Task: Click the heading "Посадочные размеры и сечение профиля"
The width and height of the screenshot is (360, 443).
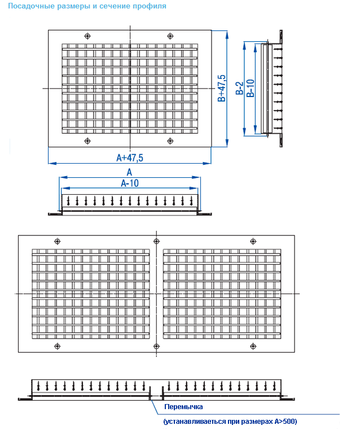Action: pos(87,7)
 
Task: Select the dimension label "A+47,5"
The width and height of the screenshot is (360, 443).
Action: pos(129,158)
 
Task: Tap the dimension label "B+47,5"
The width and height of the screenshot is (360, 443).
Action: pos(222,88)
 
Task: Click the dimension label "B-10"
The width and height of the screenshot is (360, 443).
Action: pos(251,88)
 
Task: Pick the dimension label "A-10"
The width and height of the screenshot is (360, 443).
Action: pos(129,183)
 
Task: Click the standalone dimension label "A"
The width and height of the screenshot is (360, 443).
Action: pos(129,172)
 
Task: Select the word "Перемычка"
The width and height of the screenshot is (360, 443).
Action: pos(183,407)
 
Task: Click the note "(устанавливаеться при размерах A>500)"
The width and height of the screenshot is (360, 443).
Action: pos(230,422)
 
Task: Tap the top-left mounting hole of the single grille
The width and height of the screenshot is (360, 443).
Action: pos(87,36)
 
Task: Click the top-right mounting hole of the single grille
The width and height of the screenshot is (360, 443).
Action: pos(170,36)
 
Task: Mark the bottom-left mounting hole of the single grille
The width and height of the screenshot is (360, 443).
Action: pos(87,141)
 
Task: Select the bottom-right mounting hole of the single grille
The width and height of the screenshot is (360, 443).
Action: pos(170,141)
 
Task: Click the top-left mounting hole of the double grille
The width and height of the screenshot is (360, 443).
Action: pos(56,241)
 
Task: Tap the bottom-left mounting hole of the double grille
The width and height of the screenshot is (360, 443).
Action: pos(56,345)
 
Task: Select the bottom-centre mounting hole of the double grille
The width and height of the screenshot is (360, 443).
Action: pos(155,345)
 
